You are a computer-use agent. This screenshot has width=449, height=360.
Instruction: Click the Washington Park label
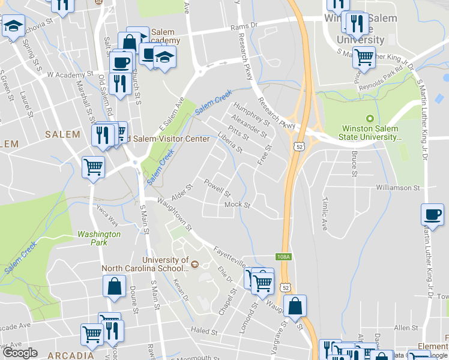(99, 238)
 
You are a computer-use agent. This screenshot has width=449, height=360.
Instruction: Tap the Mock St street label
(237, 205)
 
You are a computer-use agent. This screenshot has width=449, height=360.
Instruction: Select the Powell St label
(217, 188)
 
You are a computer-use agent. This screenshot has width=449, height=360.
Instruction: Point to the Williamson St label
(398, 188)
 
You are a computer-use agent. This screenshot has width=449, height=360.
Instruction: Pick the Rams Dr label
(244, 26)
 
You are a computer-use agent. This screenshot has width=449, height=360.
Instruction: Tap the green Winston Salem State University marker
(370, 118)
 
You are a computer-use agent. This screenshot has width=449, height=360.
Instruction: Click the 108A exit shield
(284, 257)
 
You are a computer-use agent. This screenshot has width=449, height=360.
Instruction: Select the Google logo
(20, 353)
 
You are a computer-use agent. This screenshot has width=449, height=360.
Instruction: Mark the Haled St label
(205, 331)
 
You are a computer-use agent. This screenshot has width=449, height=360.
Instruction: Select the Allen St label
(406, 328)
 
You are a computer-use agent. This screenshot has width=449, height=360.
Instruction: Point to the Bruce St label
(354, 158)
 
